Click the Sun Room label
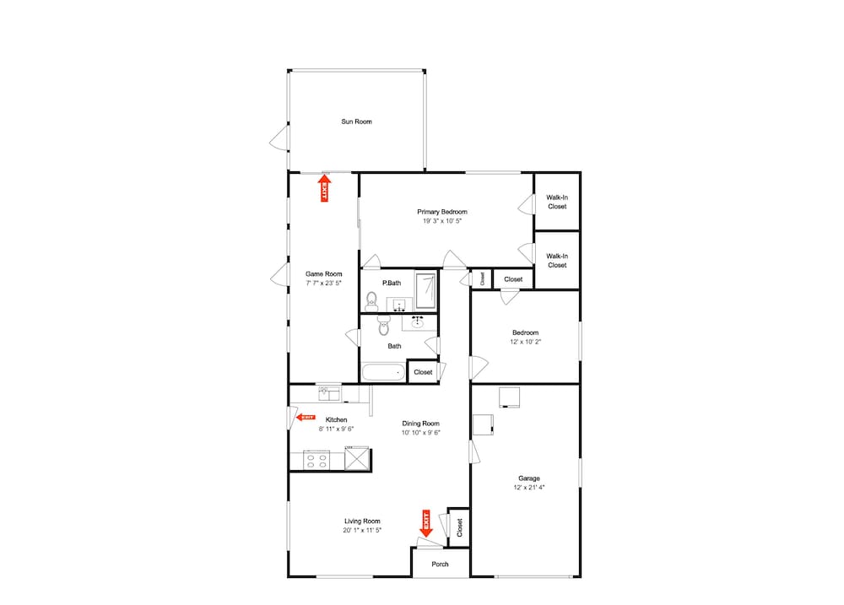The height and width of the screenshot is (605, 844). tap(356, 122)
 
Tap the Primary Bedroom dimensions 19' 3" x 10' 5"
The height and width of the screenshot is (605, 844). tap(442, 221)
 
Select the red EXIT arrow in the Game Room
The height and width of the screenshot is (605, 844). tap(325, 187)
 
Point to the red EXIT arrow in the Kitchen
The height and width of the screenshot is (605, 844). tap(306, 417)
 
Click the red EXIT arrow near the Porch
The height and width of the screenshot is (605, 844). tap(425, 523)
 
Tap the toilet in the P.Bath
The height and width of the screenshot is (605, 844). tap(371, 301)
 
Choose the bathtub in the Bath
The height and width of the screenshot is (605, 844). tap(383, 372)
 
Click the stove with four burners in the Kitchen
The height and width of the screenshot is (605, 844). tap(316, 461)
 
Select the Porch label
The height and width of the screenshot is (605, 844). tap(440, 564)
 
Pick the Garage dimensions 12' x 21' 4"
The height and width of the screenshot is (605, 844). tap(528, 487)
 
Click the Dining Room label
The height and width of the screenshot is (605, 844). tap(420, 424)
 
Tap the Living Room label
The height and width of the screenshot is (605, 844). tap(362, 521)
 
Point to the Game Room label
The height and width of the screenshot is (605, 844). tap(323, 274)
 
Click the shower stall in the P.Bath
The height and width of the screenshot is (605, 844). tap(425, 291)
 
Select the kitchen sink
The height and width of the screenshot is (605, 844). tap(329, 393)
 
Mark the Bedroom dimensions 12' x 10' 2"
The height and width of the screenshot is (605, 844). tap(525, 342)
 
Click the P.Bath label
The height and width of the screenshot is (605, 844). tap(392, 284)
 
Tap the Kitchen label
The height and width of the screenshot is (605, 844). tap(337, 420)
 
